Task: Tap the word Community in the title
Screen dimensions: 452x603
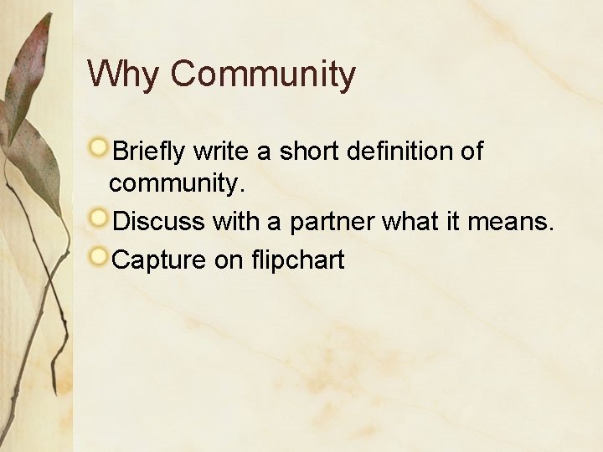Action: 263,74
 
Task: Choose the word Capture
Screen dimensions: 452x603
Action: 159,260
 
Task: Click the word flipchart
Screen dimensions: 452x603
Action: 297,260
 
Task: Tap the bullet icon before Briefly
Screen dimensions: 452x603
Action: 99,148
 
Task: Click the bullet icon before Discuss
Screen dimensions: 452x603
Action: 99,218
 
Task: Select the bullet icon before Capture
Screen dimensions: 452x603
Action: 99,256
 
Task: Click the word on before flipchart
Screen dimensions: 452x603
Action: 228,260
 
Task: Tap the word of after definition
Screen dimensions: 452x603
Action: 472,152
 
